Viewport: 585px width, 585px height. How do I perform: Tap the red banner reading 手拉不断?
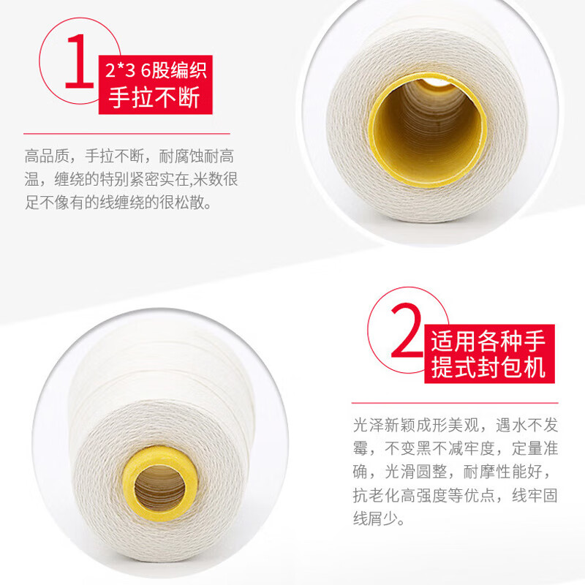coord(154,97)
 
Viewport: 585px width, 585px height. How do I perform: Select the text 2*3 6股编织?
coord(154,71)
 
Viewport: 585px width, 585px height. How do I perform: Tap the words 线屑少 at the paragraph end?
coord(377,520)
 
